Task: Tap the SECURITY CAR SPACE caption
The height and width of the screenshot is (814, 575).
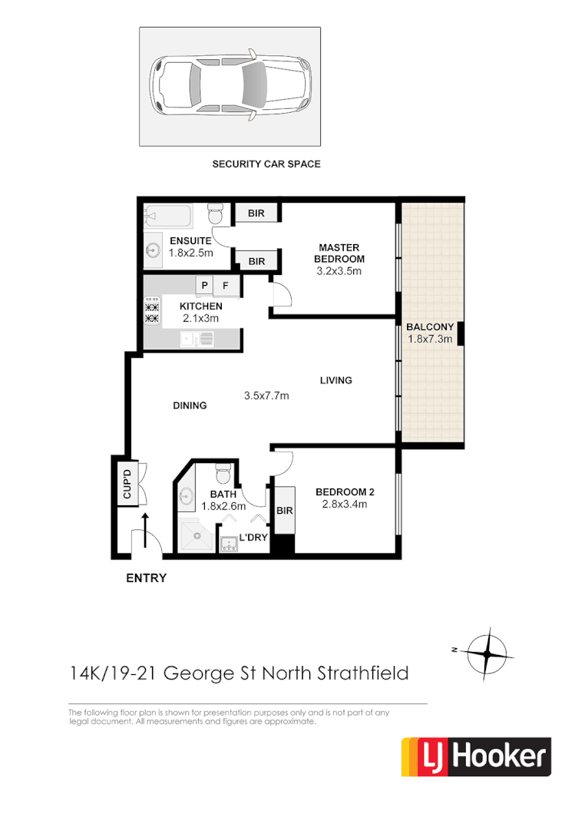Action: tap(266, 164)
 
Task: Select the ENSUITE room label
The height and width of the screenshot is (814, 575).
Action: tap(191, 240)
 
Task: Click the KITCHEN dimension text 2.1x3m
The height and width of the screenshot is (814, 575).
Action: tap(200, 318)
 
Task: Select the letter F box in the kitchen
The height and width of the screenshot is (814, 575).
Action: tap(226, 286)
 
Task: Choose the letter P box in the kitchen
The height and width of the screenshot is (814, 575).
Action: tap(205, 286)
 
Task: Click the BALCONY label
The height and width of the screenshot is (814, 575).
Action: tap(430, 326)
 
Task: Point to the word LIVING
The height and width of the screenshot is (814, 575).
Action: tap(336, 380)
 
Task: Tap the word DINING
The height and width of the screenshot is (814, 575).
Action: tap(190, 405)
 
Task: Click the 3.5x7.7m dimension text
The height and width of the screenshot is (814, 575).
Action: tap(266, 396)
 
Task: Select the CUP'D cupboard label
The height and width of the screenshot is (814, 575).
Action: tap(127, 484)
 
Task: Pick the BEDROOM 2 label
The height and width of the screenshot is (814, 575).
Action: tap(345, 492)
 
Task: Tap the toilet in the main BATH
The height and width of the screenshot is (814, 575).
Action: tap(223, 468)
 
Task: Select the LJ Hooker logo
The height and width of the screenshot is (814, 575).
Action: tap(476, 758)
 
